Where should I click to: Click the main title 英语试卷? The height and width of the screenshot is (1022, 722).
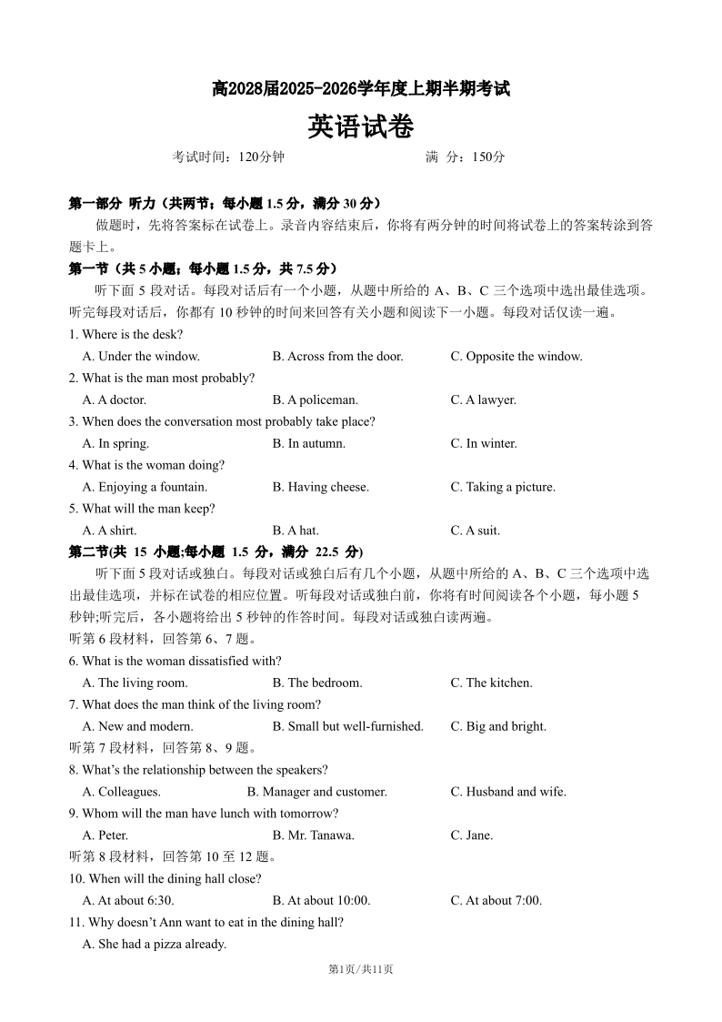360,126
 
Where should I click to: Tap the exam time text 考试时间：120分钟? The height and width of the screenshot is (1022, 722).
228,157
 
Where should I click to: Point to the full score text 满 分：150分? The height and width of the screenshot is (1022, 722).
465,157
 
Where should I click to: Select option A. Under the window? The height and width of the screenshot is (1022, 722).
141,357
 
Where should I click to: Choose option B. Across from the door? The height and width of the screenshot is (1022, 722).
337,357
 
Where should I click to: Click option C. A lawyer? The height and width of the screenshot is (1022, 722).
483,400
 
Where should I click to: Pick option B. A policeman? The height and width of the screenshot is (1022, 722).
315,400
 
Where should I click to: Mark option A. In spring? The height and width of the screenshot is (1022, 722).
115,444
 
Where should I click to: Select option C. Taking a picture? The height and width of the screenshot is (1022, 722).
503,488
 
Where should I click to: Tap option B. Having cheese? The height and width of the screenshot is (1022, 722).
320,488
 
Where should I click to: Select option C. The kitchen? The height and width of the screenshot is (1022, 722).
491,683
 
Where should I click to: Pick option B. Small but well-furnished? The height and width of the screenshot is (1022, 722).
347,727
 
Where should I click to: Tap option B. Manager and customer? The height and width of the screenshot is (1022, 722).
317,793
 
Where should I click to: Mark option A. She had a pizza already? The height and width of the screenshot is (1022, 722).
154,945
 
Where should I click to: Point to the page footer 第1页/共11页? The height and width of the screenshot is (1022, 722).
360,970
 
